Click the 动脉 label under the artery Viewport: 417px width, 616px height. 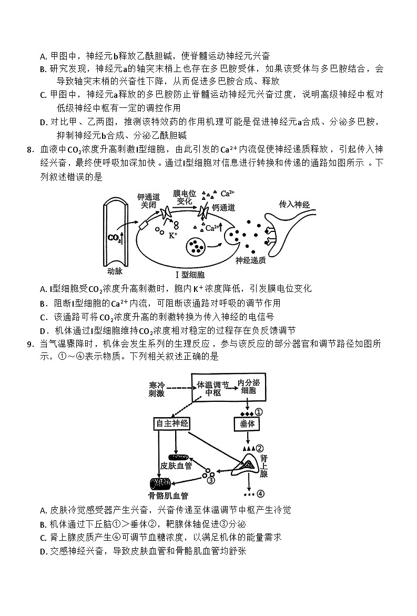115,271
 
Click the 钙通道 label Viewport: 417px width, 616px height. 223,208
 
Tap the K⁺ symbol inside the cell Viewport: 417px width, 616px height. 173,236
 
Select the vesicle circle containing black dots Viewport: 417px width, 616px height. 197,246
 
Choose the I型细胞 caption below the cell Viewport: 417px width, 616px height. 190,275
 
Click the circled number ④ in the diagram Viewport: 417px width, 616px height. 260,493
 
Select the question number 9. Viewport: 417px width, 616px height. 30,344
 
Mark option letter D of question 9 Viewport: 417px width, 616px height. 43,551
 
